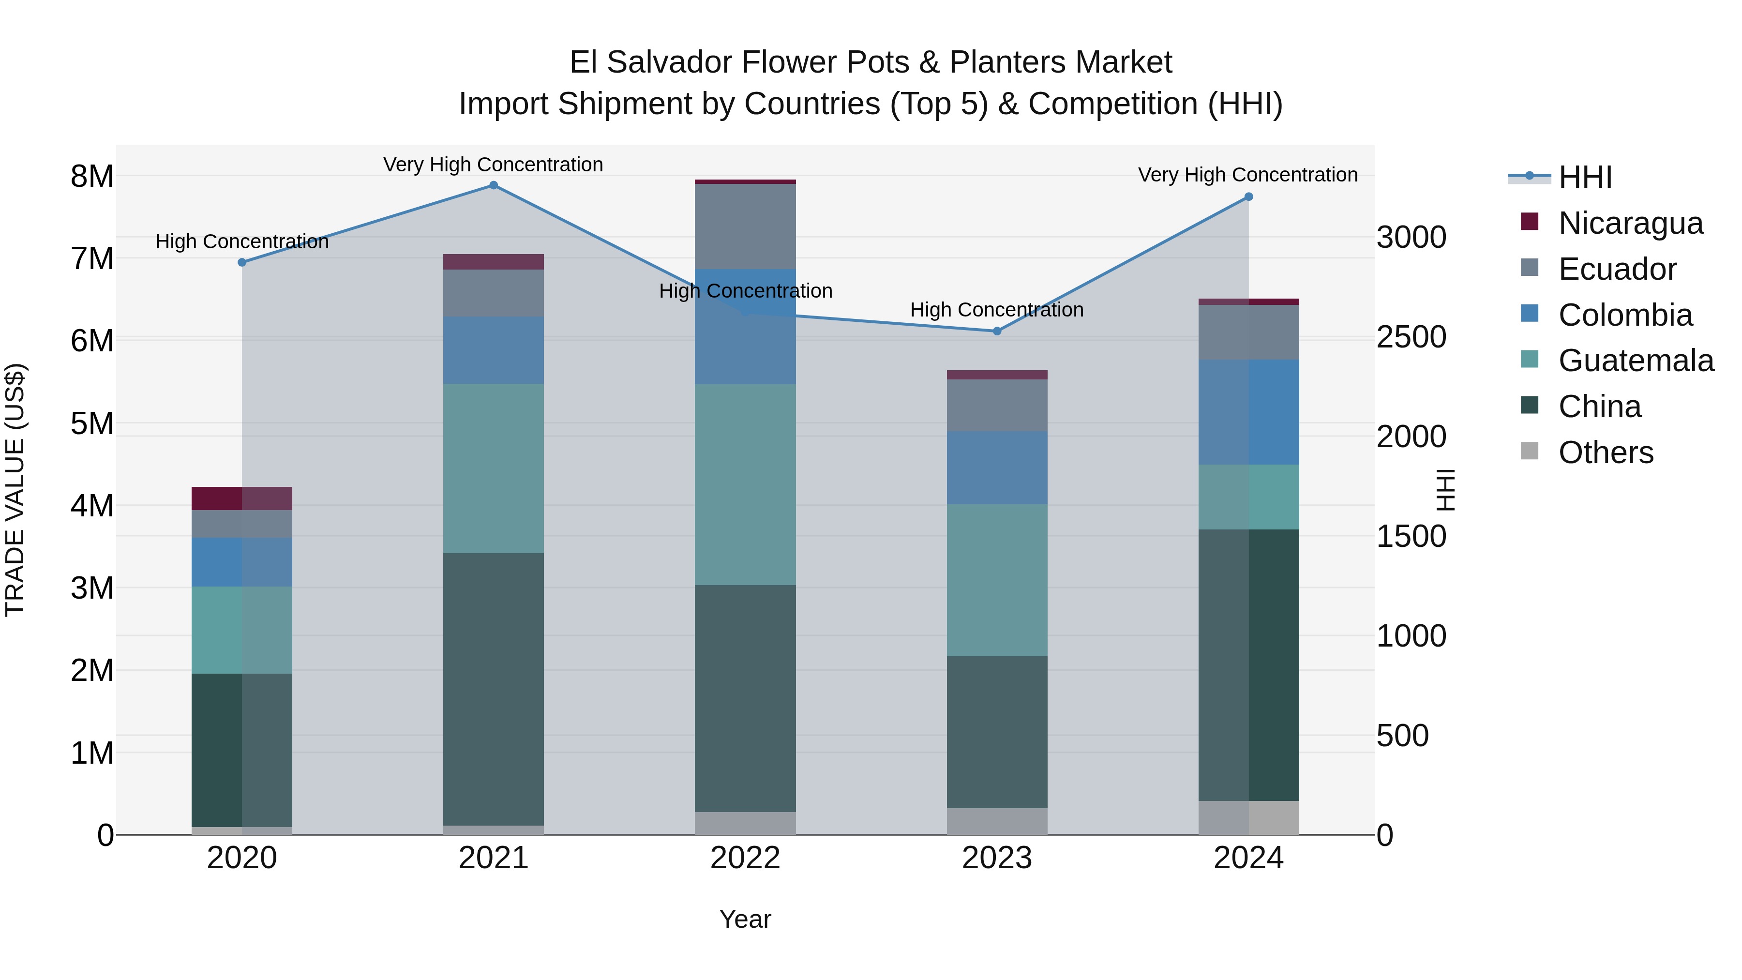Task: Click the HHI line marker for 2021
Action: (494, 185)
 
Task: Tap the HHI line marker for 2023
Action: (997, 332)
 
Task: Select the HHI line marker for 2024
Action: (1248, 197)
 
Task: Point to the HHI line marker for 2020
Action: (242, 262)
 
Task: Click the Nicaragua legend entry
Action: (1630, 223)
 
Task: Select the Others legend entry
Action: (1606, 452)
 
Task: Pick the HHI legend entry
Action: (1584, 177)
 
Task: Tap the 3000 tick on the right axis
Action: (1412, 238)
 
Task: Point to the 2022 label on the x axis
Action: (745, 858)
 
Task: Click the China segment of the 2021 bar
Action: (494, 689)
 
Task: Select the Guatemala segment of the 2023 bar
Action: (997, 580)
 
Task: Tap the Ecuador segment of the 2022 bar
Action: (745, 226)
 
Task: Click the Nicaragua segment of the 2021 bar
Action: (494, 262)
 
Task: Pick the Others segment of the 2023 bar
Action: (997, 821)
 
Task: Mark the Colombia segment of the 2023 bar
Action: (997, 467)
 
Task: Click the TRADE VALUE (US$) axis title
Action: (15, 490)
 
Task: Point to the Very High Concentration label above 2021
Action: (493, 165)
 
